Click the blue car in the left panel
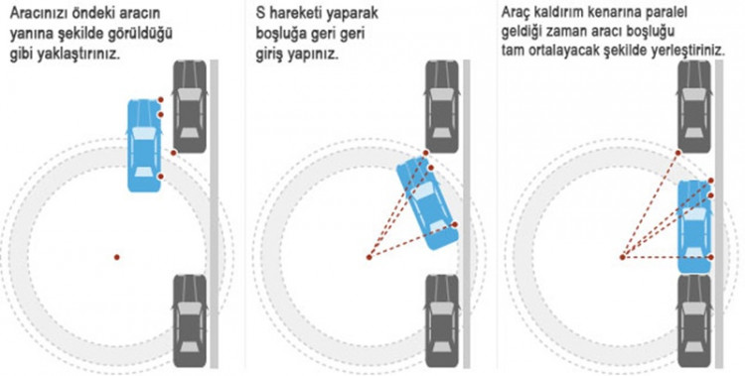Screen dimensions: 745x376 (x=144, y=146)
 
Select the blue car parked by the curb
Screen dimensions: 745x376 (x=694, y=226)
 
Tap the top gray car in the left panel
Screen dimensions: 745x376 (x=190, y=106)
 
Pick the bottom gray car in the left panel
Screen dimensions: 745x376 (x=190, y=320)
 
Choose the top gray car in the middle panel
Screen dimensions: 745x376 (x=442, y=106)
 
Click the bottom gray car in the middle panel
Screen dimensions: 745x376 (x=442, y=320)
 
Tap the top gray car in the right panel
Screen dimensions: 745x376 (x=694, y=106)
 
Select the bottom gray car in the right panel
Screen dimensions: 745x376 (x=694, y=320)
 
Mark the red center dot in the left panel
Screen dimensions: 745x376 (x=117, y=257)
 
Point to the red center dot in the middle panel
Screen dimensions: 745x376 (x=370, y=257)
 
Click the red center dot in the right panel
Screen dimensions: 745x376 (x=623, y=257)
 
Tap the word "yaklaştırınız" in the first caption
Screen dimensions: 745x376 (x=76, y=55)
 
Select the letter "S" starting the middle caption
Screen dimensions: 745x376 (x=260, y=13)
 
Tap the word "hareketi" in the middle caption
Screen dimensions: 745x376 (x=296, y=13)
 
